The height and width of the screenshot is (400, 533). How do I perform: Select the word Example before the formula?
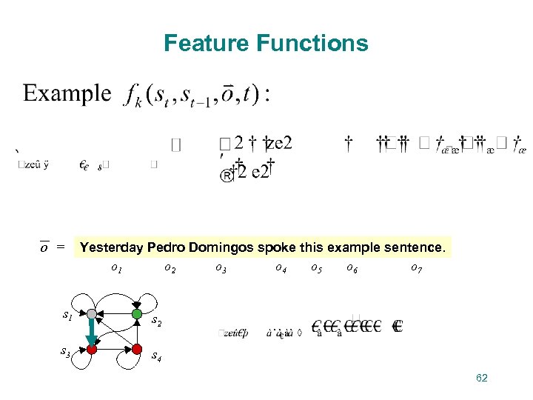click(67, 93)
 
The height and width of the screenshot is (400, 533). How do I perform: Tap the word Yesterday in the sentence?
click(112, 247)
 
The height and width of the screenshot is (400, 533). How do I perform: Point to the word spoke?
click(275, 247)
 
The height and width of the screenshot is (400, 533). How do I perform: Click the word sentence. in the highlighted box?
click(415, 247)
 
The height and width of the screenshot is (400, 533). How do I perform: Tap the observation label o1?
click(116, 268)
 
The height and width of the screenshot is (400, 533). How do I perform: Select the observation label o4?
click(281, 268)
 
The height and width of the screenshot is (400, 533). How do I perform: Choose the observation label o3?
click(221, 268)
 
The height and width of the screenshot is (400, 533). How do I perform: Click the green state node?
click(137, 314)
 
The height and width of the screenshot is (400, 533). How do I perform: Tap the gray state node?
click(90, 314)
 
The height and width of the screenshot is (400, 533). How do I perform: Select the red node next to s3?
click(91, 348)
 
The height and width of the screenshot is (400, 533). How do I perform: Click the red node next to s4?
click(137, 348)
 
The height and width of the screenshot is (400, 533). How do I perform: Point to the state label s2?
click(156, 322)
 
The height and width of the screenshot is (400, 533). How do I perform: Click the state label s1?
click(67, 316)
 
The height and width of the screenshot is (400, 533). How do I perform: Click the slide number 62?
click(481, 379)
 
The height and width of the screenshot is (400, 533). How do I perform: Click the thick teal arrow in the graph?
click(91, 331)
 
